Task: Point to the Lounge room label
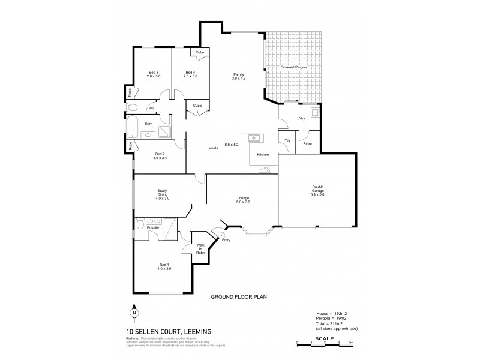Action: (242, 200)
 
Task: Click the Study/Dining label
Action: (163, 195)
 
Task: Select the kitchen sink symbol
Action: (254, 138)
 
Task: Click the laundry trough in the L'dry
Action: (313, 112)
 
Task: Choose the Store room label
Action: (307, 144)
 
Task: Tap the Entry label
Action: (226, 240)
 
